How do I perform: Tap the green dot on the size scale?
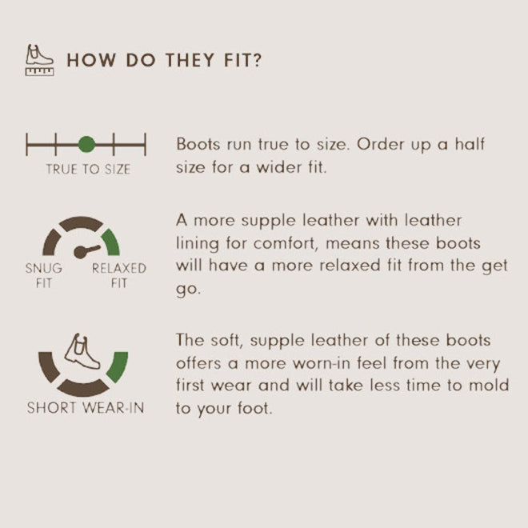(86, 145)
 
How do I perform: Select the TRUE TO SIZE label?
(88, 170)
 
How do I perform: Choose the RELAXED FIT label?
(118, 275)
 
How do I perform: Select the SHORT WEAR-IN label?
(86, 407)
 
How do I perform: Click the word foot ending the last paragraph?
(254, 408)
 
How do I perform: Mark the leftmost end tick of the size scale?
(27, 145)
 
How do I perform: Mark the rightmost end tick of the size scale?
(146, 145)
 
